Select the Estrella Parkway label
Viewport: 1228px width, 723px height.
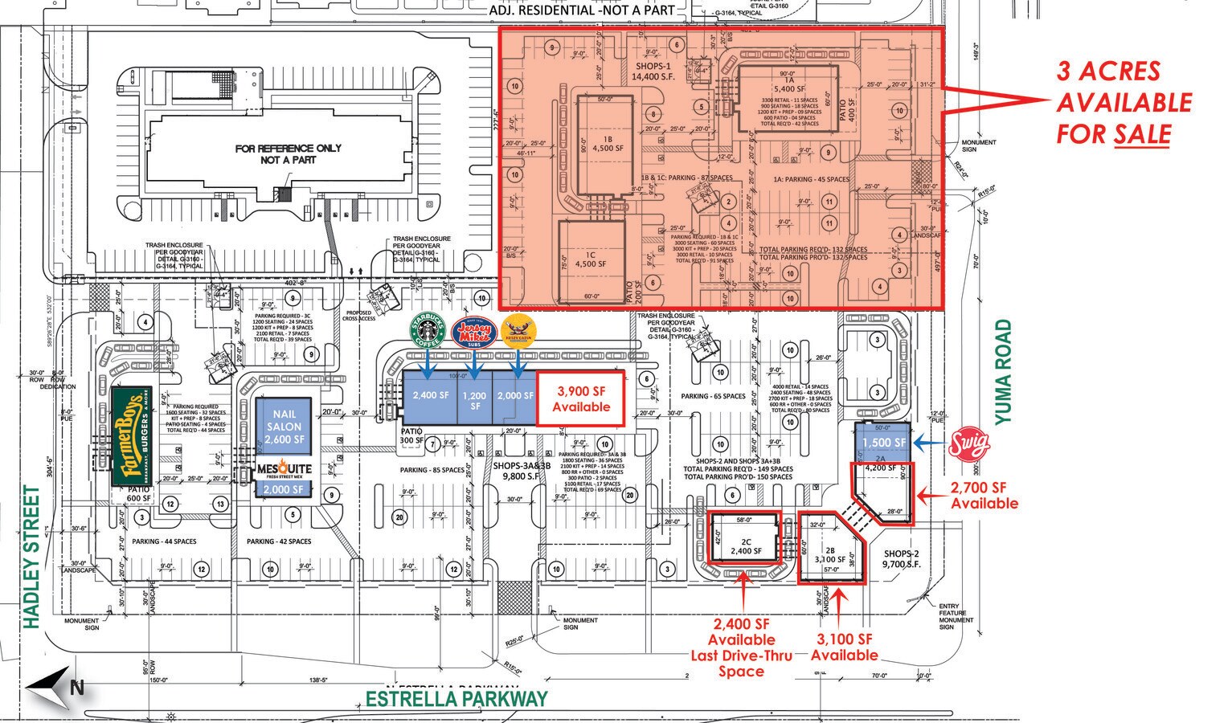pos(456,700)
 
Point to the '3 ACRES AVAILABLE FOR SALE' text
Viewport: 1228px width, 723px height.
pos(1123,103)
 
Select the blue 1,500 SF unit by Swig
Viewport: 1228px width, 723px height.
pos(884,442)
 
